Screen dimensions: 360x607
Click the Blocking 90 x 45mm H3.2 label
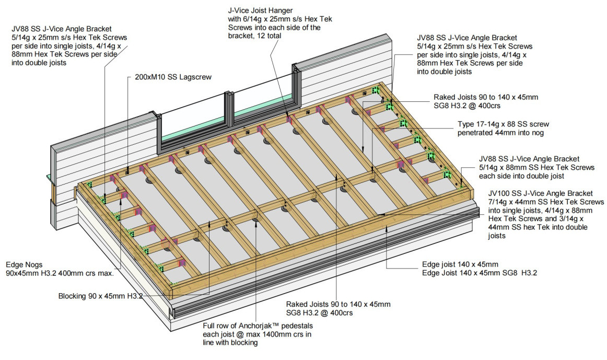[100, 296]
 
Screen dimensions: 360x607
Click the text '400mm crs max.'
[84, 273]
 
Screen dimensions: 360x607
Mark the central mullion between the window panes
[229, 110]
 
